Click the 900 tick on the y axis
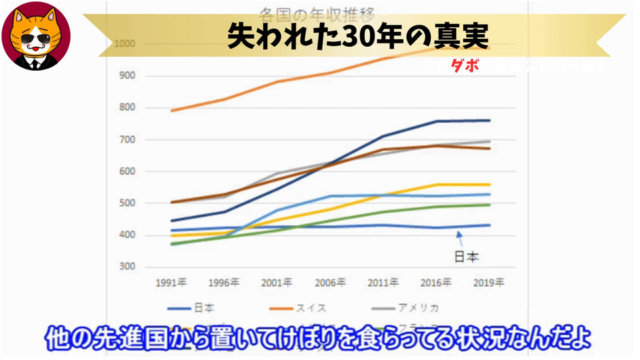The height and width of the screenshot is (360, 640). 125,75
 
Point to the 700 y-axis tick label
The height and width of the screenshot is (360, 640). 125,139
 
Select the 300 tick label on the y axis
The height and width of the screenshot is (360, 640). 125,267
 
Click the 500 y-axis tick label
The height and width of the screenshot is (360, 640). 125,203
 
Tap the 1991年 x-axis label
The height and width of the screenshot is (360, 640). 171,283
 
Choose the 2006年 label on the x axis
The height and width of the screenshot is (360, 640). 331,283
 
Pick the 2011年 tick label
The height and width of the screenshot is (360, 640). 384,283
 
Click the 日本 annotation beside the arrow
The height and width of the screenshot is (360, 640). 467,255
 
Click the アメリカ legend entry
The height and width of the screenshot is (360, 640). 418,308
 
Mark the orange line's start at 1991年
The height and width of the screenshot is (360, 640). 171,111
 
